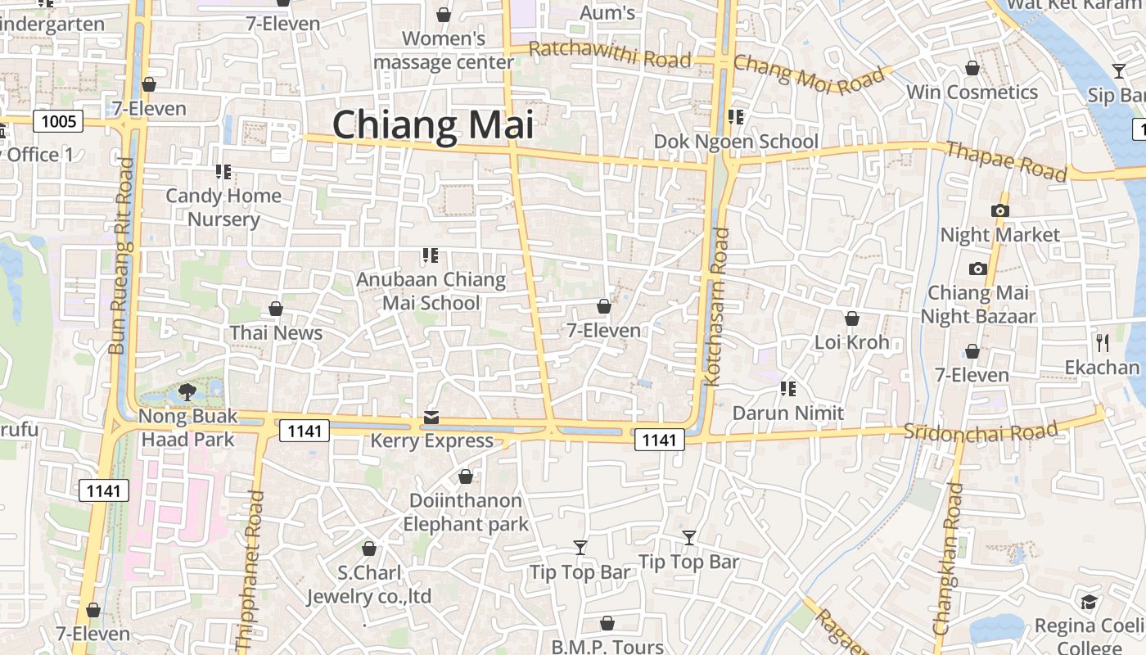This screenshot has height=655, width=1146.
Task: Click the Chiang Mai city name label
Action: point(433,125)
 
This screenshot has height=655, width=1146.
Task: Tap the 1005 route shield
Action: point(59,122)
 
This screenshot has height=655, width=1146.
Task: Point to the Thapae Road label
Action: point(1006,160)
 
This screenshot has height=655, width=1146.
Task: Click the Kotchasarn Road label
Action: point(717,306)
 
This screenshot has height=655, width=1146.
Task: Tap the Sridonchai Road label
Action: point(981,431)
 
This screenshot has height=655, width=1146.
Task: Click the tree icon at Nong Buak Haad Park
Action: point(187,391)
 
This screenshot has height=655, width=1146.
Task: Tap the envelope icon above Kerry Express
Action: point(431,418)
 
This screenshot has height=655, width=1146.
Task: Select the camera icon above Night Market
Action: point(999,210)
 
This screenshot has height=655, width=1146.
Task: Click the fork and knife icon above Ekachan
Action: point(1103,342)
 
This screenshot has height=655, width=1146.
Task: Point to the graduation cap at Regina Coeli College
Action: point(1088,603)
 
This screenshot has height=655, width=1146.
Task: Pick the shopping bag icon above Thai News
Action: point(276,309)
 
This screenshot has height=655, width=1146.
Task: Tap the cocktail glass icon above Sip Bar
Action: point(1118,71)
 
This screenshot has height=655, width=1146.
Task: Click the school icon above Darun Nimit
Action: point(788,388)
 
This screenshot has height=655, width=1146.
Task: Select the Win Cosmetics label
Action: point(972,92)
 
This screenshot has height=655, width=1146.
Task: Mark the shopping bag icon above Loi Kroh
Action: point(852,318)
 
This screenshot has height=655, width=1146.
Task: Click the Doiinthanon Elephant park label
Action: point(466,512)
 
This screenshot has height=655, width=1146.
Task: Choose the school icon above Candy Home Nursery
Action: point(223,171)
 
